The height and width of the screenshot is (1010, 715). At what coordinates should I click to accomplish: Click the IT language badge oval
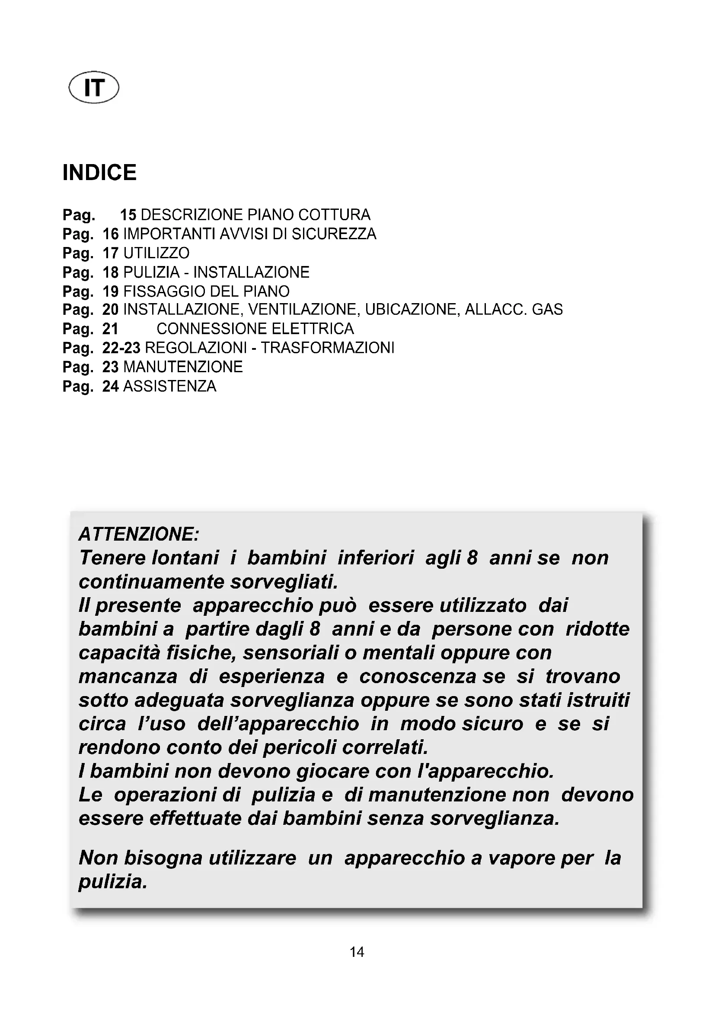(94, 89)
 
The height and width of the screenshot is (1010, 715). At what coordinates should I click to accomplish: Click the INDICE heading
(99, 172)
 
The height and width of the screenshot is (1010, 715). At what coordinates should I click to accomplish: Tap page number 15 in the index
(128, 215)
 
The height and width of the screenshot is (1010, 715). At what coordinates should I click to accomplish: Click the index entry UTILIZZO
(156, 253)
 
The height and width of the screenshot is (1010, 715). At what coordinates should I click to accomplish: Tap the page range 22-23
(121, 348)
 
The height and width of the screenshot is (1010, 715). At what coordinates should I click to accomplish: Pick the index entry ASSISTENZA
(169, 386)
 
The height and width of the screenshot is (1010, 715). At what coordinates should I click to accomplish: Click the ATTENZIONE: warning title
(139, 535)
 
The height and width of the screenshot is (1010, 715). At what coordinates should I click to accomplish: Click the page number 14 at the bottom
(357, 952)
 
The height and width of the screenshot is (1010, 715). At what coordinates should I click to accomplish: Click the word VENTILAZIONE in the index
(303, 310)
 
